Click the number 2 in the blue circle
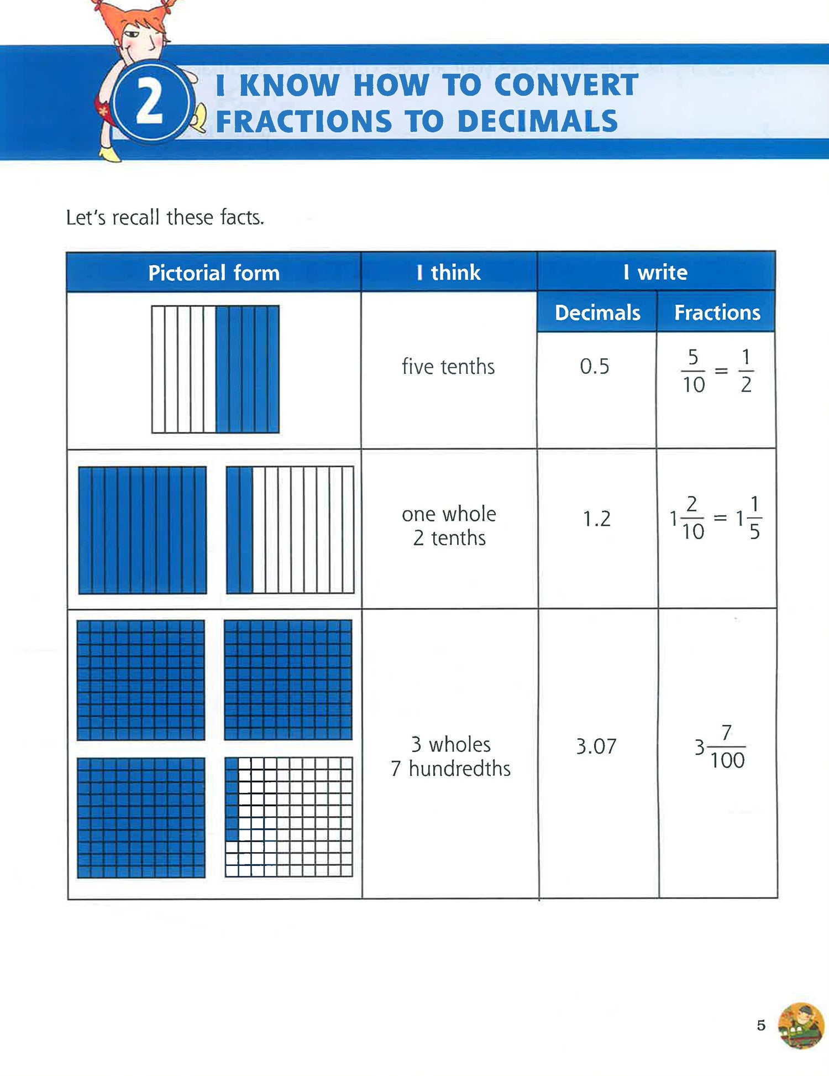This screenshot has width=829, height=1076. pyautogui.click(x=150, y=102)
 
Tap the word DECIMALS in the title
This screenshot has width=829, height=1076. pyautogui.click(x=537, y=122)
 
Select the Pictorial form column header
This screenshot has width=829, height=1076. pyautogui.click(x=214, y=273)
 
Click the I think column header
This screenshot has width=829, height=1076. pyautogui.click(x=449, y=272)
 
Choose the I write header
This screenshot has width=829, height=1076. pyautogui.click(x=655, y=272)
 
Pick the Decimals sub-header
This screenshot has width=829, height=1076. pyautogui.click(x=597, y=312)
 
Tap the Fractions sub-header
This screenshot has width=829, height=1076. pyautogui.click(x=717, y=312)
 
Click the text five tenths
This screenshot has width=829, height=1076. pyautogui.click(x=448, y=367)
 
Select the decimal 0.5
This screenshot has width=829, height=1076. pyautogui.click(x=595, y=366)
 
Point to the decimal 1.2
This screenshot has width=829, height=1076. pyautogui.click(x=597, y=519)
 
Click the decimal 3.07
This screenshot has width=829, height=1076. pyautogui.click(x=596, y=746)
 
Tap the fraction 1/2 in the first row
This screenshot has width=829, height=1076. pyautogui.click(x=746, y=370)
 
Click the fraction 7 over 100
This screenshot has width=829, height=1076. pyautogui.click(x=727, y=747)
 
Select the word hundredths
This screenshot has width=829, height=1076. pyautogui.click(x=459, y=769)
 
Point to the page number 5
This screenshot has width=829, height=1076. pyautogui.click(x=761, y=1026)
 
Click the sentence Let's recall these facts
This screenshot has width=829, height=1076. pyautogui.click(x=165, y=217)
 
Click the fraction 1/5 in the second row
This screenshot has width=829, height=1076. pyautogui.click(x=754, y=518)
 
